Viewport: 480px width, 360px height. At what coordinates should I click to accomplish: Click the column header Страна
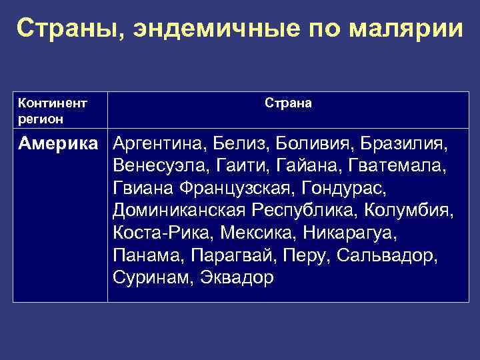click(288, 103)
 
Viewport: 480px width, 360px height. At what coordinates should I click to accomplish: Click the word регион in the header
click(41, 119)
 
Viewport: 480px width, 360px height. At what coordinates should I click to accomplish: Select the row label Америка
click(61, 143)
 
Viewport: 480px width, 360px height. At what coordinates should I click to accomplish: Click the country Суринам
click(151, 279)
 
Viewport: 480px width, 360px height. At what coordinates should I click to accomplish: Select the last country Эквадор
click(236, 279)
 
